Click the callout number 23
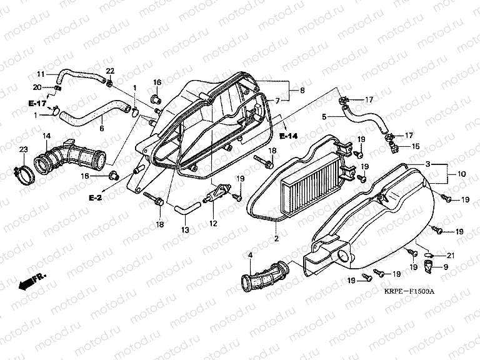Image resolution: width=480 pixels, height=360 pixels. click(x=23, y=149)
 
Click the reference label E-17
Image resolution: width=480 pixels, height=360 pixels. click(x=37, y=102)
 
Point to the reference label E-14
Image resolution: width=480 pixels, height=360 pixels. click(x=288, y=136)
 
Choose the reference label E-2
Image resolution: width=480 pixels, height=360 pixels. click(x=96, y=197)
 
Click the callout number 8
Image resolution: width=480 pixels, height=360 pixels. click(x=302, y=91)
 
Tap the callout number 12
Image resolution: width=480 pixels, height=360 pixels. click(x=213, y=223)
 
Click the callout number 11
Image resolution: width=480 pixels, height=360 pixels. click(x=41, y=74)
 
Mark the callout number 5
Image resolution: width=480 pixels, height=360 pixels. click(x=324, y=116)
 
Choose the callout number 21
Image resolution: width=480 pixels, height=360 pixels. click(x=449, y=255)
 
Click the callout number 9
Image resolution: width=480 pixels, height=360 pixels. click(x=446, y=267)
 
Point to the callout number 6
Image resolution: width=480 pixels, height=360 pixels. click(x=102, y=128)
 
